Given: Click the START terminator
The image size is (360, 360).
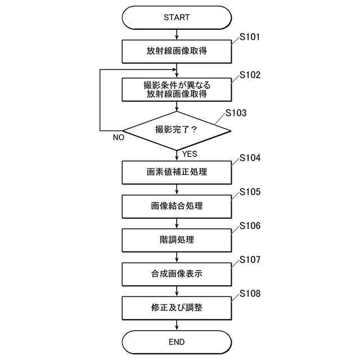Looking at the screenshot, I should tap(177, 17).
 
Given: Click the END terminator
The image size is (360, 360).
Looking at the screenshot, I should tap(177, 341).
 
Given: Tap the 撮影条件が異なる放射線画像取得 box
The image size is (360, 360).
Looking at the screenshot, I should tap(177, 89).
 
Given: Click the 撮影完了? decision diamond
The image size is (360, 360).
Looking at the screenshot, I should tap(177, 130).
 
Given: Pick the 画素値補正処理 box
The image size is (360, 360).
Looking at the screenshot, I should tap(177, 172).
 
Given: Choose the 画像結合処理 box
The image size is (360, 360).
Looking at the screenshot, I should tap(177, 206).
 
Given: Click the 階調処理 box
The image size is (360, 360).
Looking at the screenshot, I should tap(177, 240).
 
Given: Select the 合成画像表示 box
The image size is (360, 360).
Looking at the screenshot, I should tap(177, 274).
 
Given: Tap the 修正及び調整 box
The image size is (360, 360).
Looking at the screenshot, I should tap(177, 308).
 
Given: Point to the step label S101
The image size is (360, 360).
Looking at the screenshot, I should tap(250, 38).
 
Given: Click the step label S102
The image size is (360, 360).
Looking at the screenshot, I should tap(250, 75).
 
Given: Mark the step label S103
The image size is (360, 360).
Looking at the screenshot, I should tap(236, 112).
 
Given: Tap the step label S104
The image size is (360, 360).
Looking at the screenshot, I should tap(250, 158).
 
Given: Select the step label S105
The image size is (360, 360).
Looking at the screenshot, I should tap(250, 192).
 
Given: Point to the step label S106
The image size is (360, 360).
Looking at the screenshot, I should tap(250, 226).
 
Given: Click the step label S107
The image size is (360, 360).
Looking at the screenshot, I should tap(250, 260).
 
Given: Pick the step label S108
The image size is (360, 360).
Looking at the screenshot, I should tap(250, 294).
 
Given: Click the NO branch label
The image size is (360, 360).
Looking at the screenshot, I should tap(118, 137).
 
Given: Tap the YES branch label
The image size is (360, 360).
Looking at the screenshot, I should tap(189, 154).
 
